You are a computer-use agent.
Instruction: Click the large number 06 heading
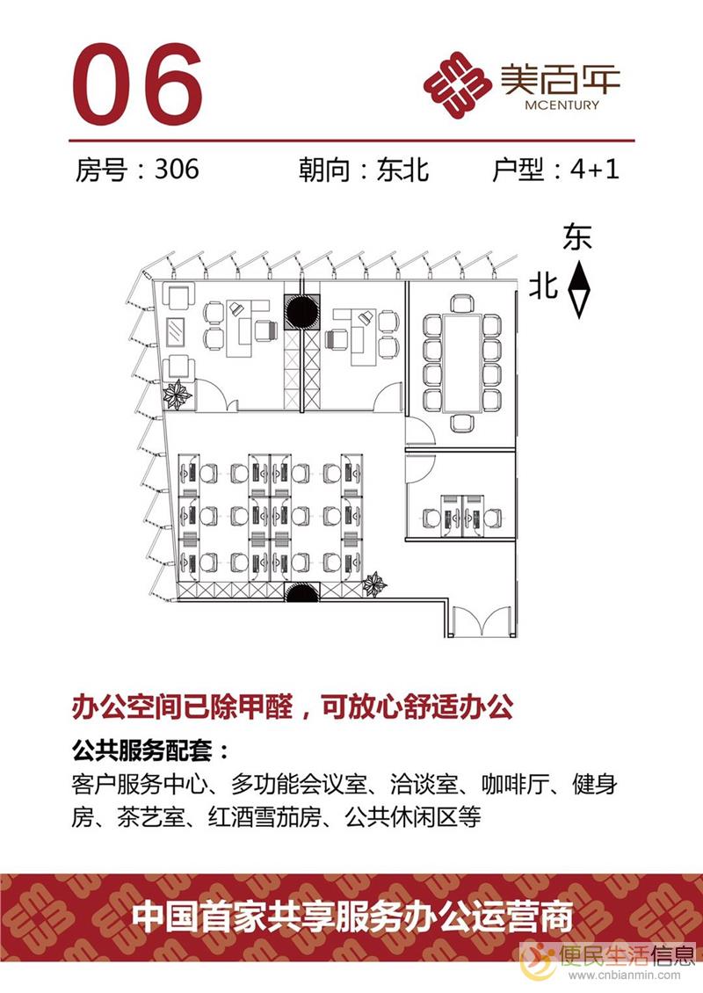[x=137, y=83]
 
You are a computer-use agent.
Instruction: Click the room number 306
[x=176, y=169]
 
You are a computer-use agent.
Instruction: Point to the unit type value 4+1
[x=594, y=169]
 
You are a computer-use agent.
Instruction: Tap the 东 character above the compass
[x=577, y=239]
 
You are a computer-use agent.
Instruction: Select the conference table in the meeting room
[x=462, y=362]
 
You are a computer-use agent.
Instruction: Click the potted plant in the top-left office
[x=178, y=395]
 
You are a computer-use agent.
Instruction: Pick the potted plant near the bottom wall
[x=375, y=583]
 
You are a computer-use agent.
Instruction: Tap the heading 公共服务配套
[x=143, y=753]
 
